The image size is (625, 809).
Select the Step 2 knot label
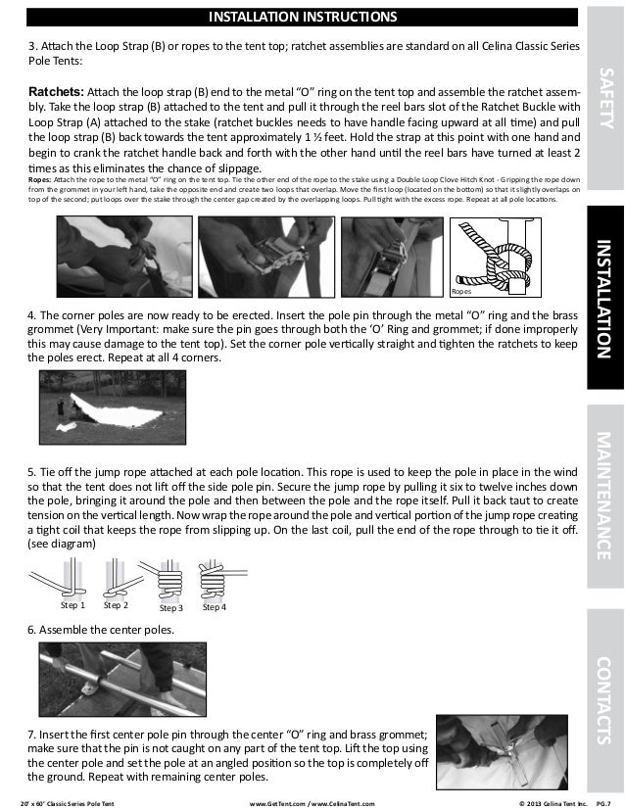[x=116, y=606]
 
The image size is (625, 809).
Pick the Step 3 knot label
[x=170, y=607]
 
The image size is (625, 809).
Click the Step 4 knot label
[x=214, y=607]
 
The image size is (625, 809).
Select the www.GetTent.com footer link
[x=281, y=802]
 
